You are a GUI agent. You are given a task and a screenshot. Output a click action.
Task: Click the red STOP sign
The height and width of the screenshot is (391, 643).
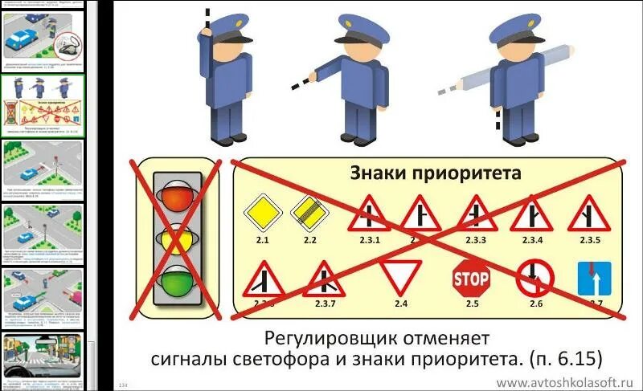pos(471,277)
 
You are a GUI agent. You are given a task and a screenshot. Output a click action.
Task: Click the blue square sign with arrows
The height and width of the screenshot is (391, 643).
pos(594,277)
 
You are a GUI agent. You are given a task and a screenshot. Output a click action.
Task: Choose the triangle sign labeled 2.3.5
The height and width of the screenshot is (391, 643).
pos(585,214)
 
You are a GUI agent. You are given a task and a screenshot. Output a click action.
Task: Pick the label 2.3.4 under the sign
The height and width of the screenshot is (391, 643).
pos(532,240)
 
